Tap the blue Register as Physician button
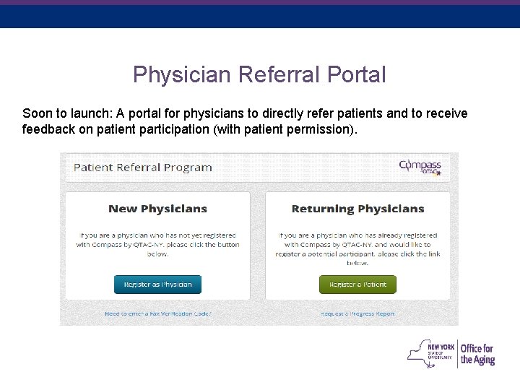157,285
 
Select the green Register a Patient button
357,285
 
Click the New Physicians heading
157,209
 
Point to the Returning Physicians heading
357,209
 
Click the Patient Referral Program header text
143,168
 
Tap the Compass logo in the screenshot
420,167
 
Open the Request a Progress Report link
357,314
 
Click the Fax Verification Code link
157,314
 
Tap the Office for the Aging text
477,355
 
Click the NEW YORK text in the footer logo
441,347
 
